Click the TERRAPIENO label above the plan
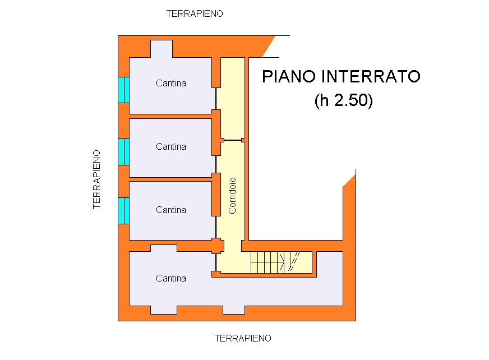(195, 13)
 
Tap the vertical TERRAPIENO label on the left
(96, 179)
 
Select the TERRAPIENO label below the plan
(243, 338)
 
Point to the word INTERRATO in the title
(371, 76)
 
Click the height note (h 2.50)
(343, 100)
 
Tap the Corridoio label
(232, 196)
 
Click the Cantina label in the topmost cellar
(171, 84)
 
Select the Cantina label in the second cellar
(171, 146)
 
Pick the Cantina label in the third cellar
(171, 210)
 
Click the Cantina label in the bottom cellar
(171, 278)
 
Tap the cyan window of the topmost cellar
(123, 90)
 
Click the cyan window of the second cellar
(123, 152)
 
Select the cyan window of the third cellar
(123, 211)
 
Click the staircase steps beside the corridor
(267, 262)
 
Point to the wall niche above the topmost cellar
(162, 49)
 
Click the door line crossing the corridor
(233, 140)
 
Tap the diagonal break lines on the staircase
(293, 261)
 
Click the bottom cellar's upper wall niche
(164, 248)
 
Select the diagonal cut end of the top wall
(269, 47)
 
